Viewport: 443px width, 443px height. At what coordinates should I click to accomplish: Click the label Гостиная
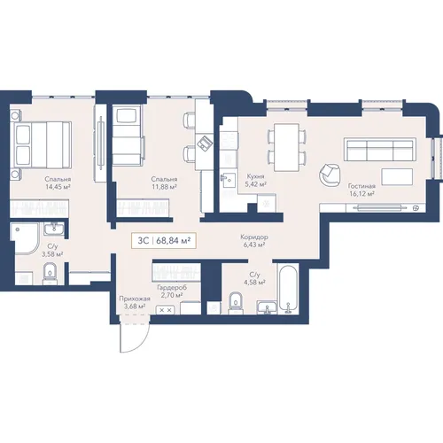[x=361, y=186]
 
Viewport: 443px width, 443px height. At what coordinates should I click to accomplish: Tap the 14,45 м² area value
[x=58, y=187]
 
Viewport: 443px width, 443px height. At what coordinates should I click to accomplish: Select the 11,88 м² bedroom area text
[x=164, y=187]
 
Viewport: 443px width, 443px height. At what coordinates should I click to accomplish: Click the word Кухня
[x=256, y=176]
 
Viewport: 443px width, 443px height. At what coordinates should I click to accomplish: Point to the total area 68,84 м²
[x=174, y=241]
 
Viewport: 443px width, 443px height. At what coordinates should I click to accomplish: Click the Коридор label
[x=254, y=237]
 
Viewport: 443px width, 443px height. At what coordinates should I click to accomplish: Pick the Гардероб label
[x=172, y=287]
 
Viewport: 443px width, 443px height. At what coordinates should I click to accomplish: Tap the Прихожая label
[x=135, y=299]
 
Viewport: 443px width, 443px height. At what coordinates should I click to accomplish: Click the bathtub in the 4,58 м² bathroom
[x=288, y=289]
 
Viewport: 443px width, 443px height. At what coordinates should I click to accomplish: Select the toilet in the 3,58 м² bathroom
[x=50, y=274]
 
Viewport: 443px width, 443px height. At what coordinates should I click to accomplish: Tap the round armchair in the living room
[x=330, y=175]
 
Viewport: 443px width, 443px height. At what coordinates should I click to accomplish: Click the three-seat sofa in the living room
[x=380, y=149]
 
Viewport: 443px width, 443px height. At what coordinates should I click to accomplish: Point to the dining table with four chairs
[x=287, y=147]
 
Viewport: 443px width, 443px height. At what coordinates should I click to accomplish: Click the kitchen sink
[x=228, y=180]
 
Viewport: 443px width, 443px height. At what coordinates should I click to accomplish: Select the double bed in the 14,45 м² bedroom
[x=41, y=145]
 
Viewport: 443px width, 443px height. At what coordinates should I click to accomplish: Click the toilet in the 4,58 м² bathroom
[x=236, y=303]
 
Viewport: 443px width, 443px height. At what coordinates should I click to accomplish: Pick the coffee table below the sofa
[x=397, y=176]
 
